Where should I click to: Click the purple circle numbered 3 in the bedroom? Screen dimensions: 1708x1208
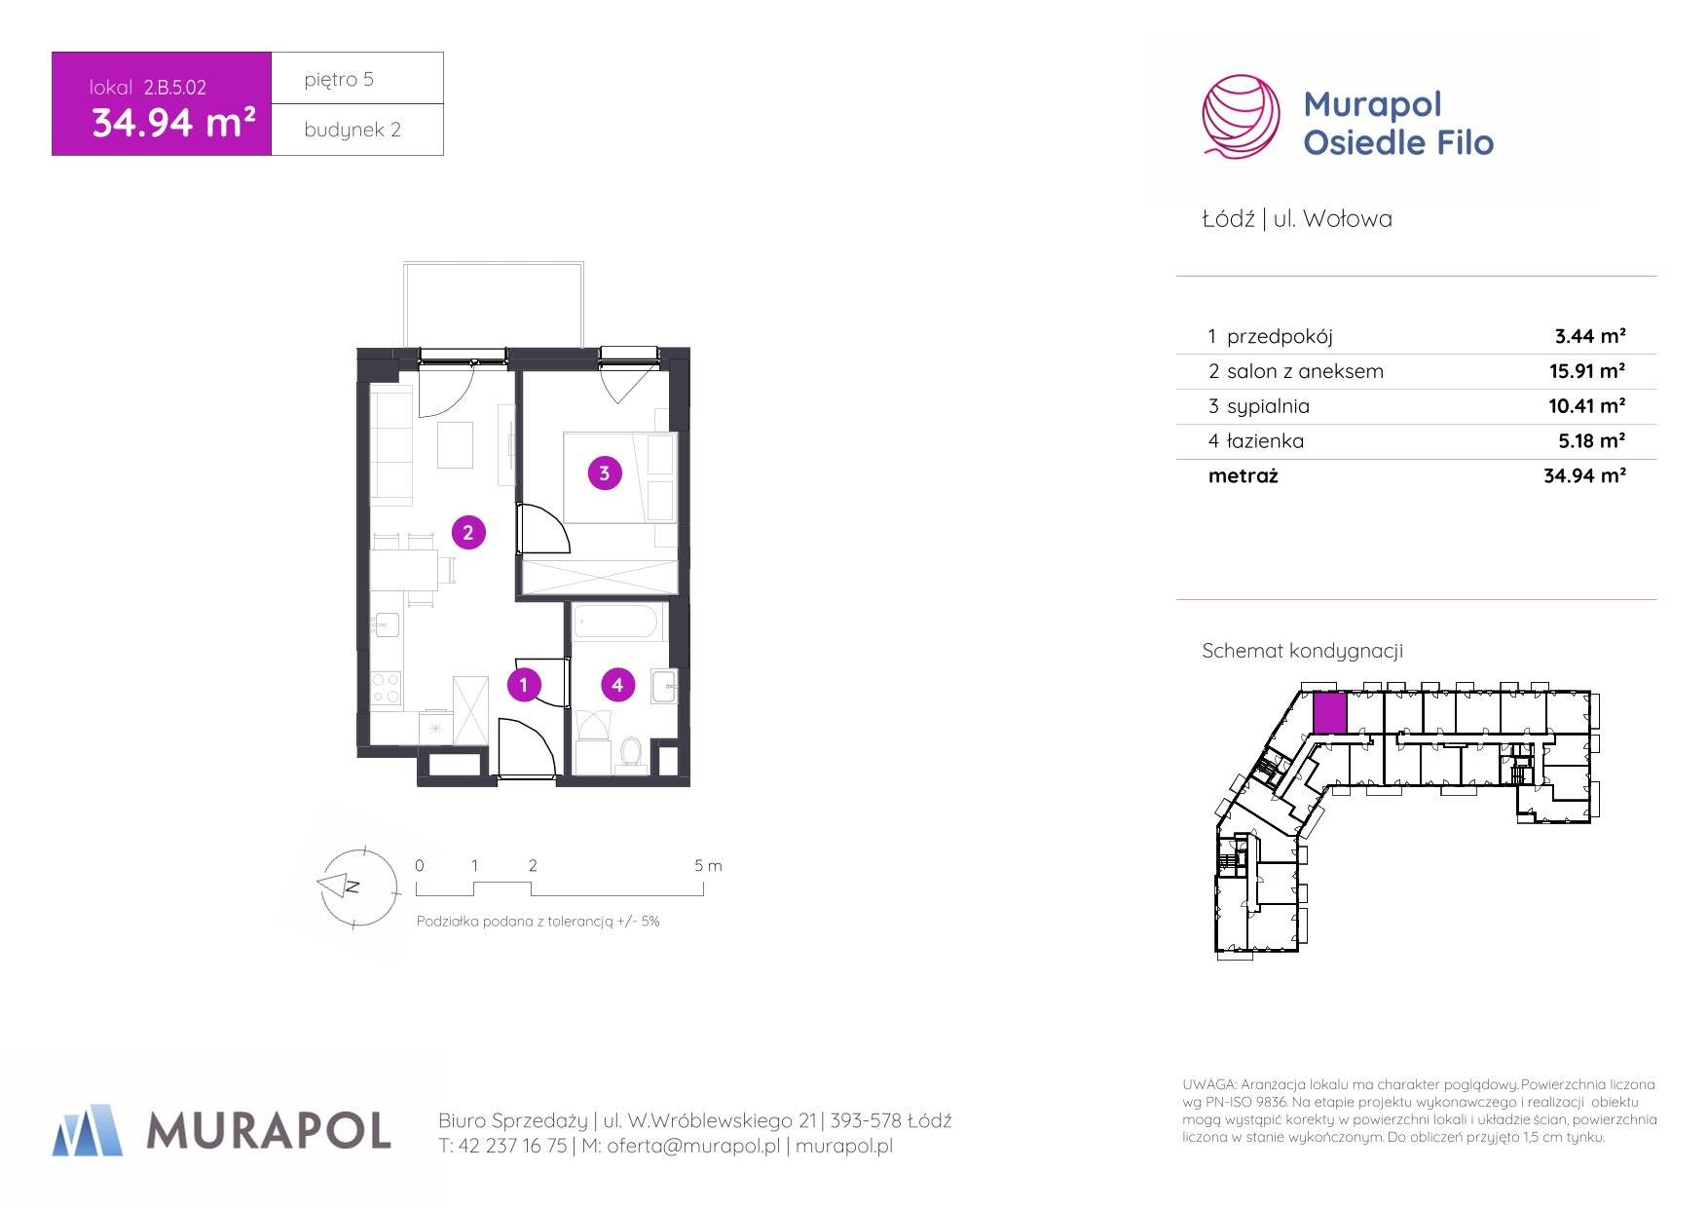coord(605,473)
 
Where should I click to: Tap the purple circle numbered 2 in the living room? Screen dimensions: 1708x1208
coord(468,533)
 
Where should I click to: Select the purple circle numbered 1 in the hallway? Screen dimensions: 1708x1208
coord(524,685)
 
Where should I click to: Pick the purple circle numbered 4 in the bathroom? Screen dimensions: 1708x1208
coord(617,685)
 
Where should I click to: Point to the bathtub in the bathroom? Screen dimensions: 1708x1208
coord(618,622)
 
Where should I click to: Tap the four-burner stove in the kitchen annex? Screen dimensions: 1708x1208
coord(387,687)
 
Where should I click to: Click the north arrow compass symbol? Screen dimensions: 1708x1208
coord(358,887)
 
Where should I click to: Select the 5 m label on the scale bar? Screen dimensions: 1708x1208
coord(708,865)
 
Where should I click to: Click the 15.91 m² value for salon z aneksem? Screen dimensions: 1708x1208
coord(1587,370)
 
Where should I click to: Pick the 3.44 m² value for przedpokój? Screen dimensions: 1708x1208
coord(1590,336)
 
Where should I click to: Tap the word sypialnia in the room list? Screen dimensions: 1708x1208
coord(1268,406)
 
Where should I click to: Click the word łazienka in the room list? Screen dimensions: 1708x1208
coord(1265,440)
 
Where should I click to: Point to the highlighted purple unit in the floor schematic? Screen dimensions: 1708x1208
coord(1330,713)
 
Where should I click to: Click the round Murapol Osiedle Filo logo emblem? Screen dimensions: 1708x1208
coord(1241,117)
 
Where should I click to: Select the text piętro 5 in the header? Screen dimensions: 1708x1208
coord(339,80)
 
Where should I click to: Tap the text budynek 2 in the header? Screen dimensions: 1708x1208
coord(353,130)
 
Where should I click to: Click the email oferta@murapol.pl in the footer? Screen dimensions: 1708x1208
coord(693,1147)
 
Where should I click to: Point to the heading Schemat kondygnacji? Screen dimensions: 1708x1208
coord(1302,651)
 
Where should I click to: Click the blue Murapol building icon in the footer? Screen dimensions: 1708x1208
coord(88,1130)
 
